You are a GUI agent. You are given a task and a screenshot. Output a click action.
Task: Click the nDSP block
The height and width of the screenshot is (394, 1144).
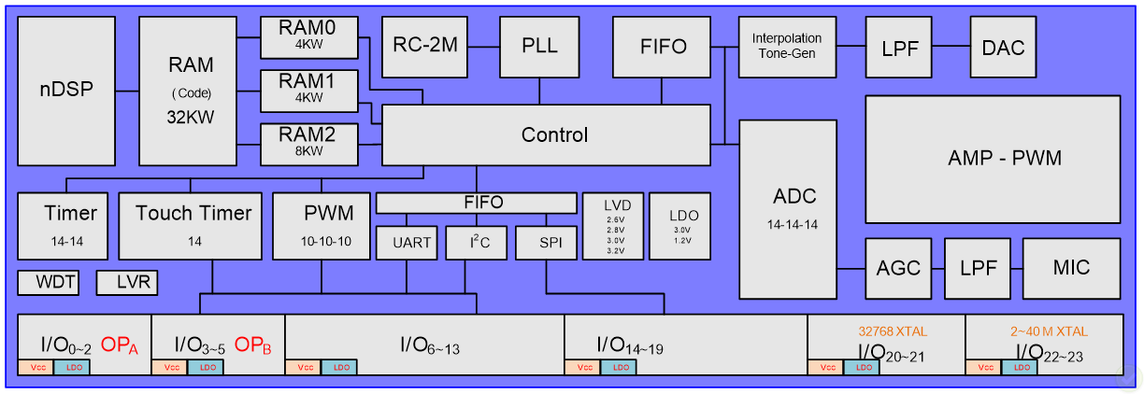[x=64, y=91]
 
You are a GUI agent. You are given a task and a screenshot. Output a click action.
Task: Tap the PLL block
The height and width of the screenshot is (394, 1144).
[x=539, y=46]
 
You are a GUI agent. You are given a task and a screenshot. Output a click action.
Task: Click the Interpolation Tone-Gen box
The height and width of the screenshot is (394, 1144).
[x=786, y=46]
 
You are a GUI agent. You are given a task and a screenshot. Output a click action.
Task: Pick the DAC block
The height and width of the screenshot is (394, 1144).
[x=1002, y=47]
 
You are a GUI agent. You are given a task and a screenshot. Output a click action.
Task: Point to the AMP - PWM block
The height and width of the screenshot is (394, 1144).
[x=992, y=159]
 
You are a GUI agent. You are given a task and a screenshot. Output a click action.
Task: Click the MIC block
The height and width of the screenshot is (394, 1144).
[x=1070, y=268]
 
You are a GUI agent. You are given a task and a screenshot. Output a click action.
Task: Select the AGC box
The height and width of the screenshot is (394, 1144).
[x=898, y=268]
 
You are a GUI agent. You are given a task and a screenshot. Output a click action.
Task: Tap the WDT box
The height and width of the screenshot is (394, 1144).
[x=48, y=282]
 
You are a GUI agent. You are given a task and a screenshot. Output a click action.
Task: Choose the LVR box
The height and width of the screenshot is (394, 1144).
[x=127, y=282]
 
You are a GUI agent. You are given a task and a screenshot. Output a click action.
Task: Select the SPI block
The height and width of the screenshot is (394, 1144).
[x=545, y=243]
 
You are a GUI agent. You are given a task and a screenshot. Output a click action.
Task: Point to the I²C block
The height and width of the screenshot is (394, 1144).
[x=476, y=243]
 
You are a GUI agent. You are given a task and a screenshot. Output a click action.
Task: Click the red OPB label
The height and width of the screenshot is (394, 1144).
[x=253, y=345]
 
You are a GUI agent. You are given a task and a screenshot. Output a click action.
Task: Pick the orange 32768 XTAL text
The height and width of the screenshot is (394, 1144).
[x=884, y=331]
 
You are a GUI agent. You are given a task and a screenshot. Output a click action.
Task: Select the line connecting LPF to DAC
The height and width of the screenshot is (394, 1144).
[x=952, y=47]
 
